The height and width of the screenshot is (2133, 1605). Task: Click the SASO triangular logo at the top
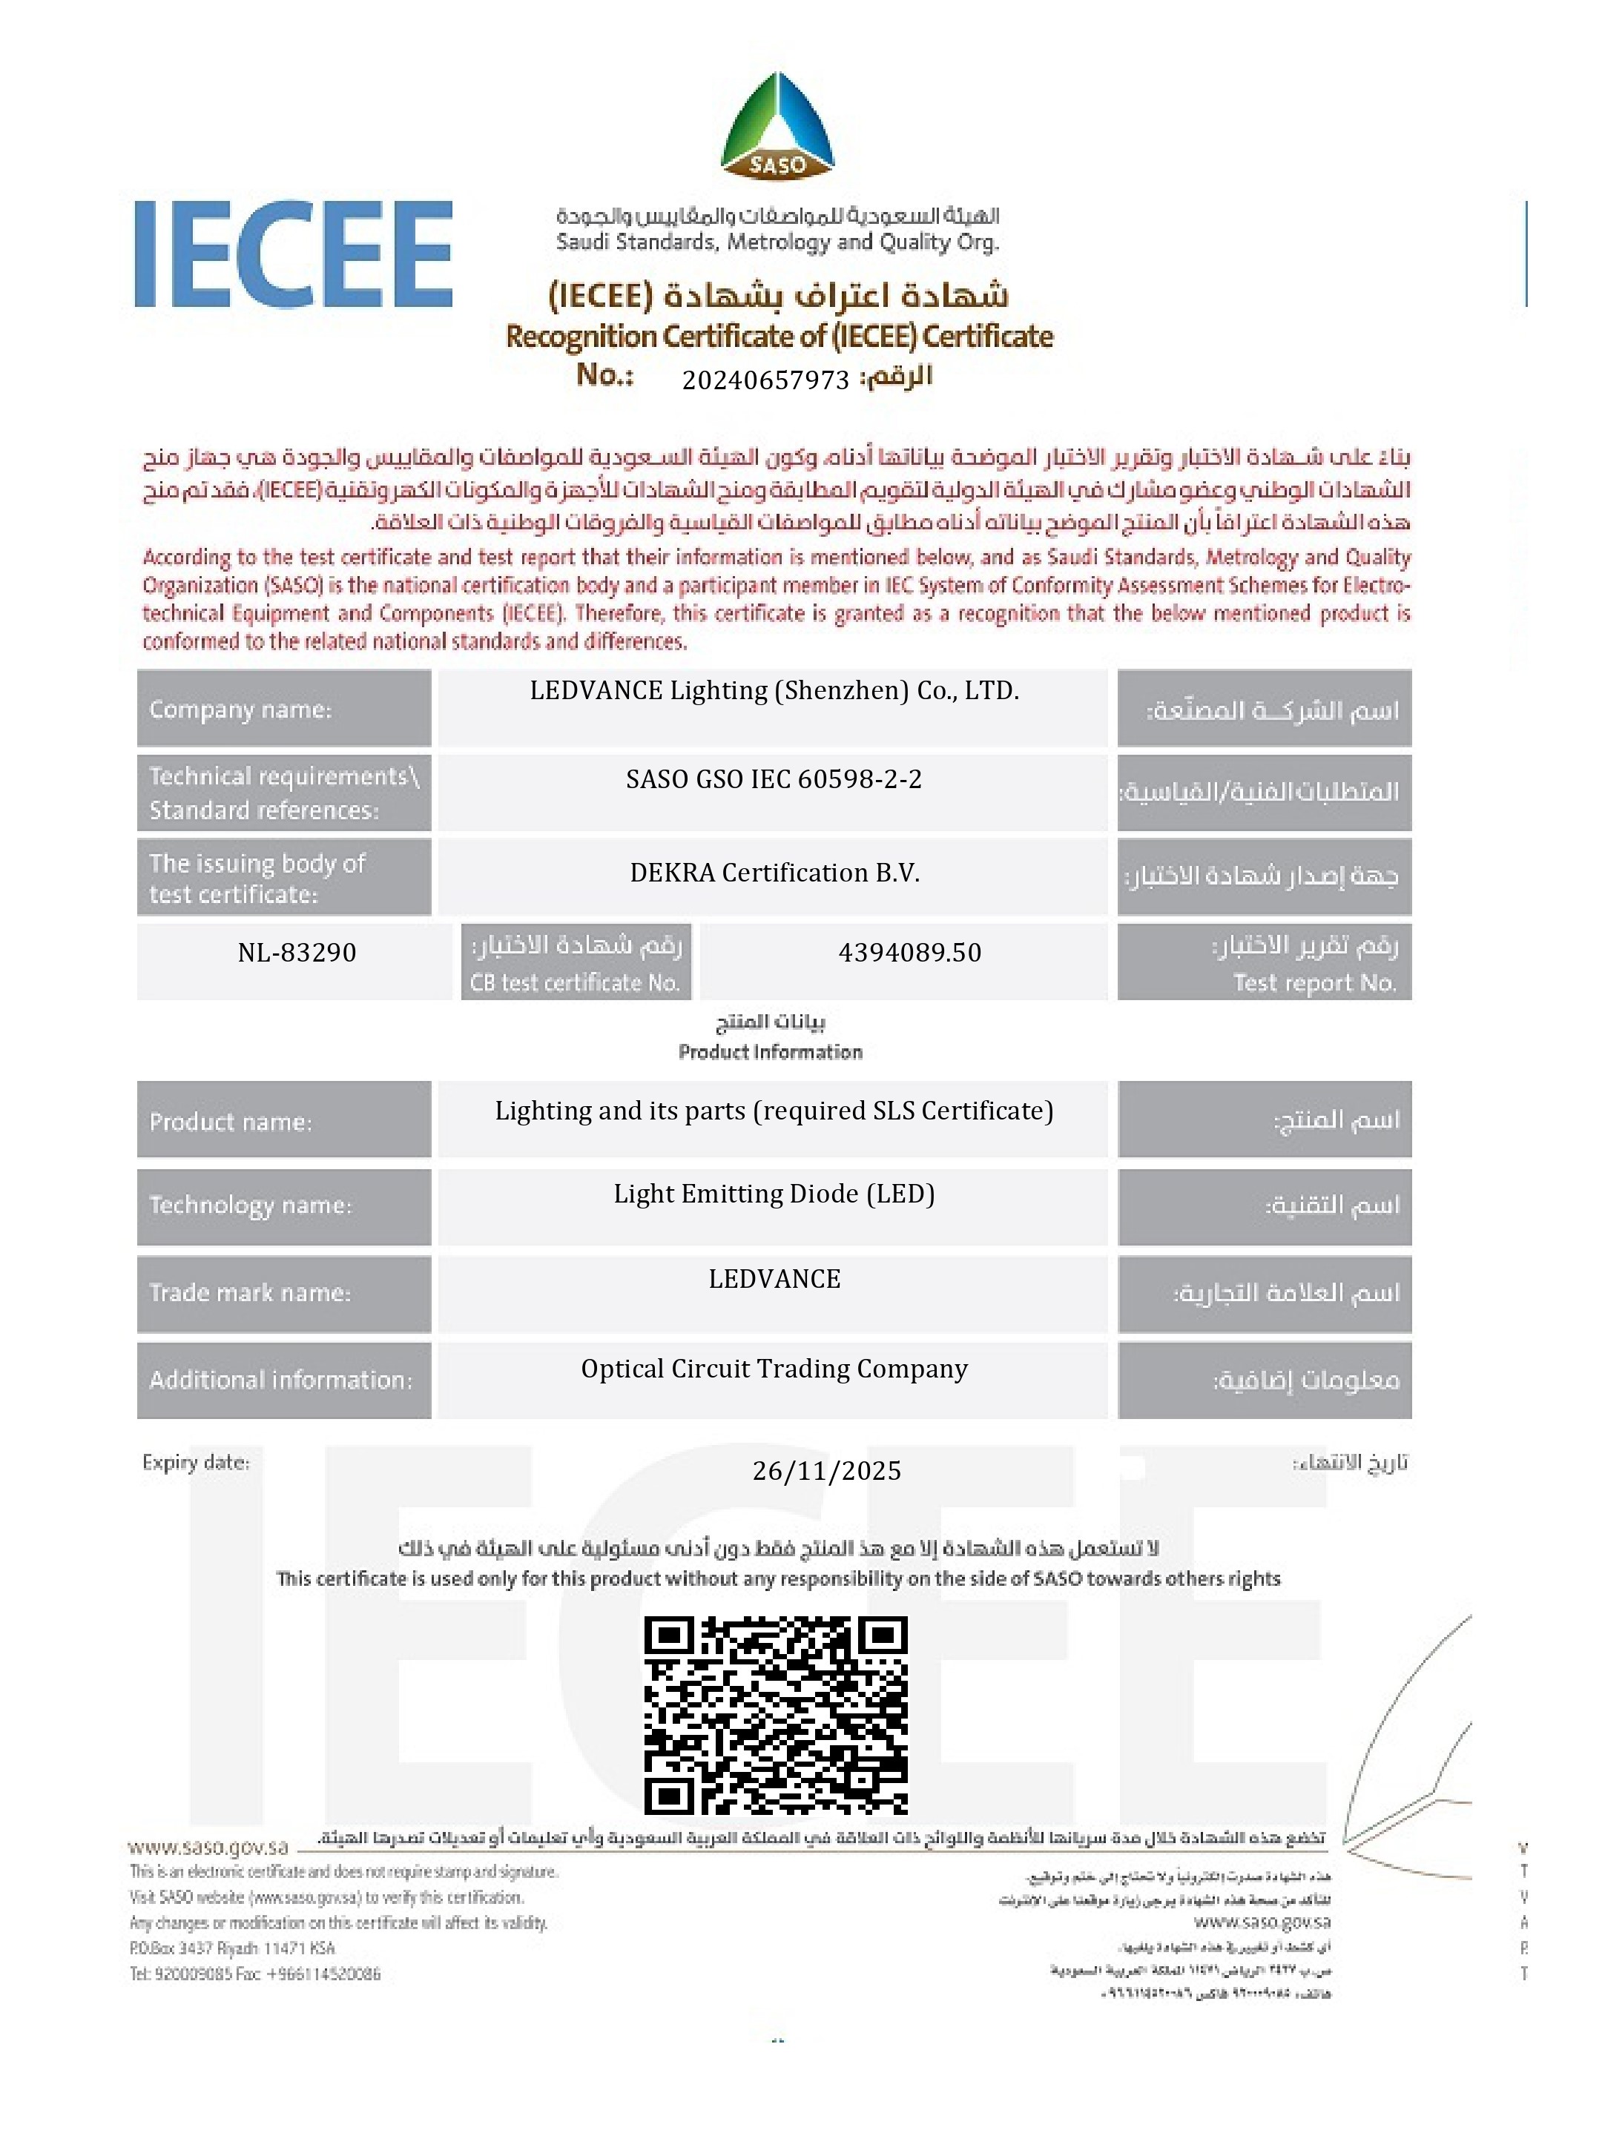click(x=777, y=126)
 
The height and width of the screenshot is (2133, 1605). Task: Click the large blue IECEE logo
click(x=293, y=254)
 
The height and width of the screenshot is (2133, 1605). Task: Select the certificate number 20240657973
click(x=765, y=380)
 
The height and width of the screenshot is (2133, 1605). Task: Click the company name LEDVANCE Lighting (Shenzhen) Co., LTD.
click(x=774, y=690)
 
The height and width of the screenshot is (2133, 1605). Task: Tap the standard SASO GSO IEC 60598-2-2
click(x=774, y=779)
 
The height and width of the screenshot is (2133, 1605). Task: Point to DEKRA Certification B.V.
click(x=774, y=873)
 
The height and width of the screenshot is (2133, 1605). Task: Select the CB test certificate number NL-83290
click(x=297, y=953)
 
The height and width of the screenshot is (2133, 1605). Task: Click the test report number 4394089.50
click(x=909, y=953)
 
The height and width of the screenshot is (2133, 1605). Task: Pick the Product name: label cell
click(x=283, y=1120)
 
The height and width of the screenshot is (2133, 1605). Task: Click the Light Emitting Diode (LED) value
click(x=774, y=1194)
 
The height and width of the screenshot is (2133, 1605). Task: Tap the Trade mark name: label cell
click(x=283, y=1292)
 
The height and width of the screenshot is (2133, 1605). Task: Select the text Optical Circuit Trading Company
click(x=774, y=1369)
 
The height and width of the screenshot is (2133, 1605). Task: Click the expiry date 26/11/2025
click(x=825, y=1470)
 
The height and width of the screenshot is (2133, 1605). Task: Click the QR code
click(x=776, y=1716)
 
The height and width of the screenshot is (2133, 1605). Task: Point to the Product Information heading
click(x=770, y=1051)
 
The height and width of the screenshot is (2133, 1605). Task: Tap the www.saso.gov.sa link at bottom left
click(x=208, y=1847)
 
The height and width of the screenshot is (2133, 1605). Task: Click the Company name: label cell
click(x=283, y=709)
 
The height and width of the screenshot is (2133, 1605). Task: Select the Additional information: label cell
click(x=283, y=1380)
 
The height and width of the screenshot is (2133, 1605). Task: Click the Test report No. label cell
click(x=1264, y=962)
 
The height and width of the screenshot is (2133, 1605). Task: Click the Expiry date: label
click(x=196, y=1462)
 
